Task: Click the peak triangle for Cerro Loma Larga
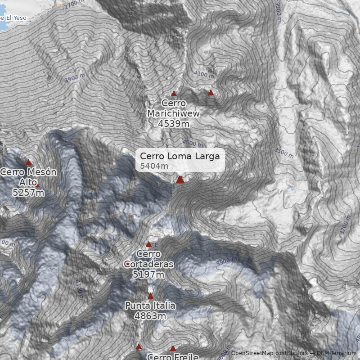pos(180,180)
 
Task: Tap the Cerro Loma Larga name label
pos(180,156)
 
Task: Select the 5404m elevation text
pos(154,166)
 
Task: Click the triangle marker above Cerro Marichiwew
pos(174,94)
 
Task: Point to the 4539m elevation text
pos(174,123)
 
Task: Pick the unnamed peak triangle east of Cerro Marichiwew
pos(211,93)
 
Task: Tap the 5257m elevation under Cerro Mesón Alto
pos(28,193)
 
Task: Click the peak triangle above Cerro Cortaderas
pos(149,244)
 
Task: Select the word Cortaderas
pos(148,264)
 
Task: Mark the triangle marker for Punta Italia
pos(151,296)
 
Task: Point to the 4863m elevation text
pos(150,316)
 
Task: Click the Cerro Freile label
pos(173,357)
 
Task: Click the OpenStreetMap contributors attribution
pos(269,354)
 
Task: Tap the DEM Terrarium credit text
pos(336,354)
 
